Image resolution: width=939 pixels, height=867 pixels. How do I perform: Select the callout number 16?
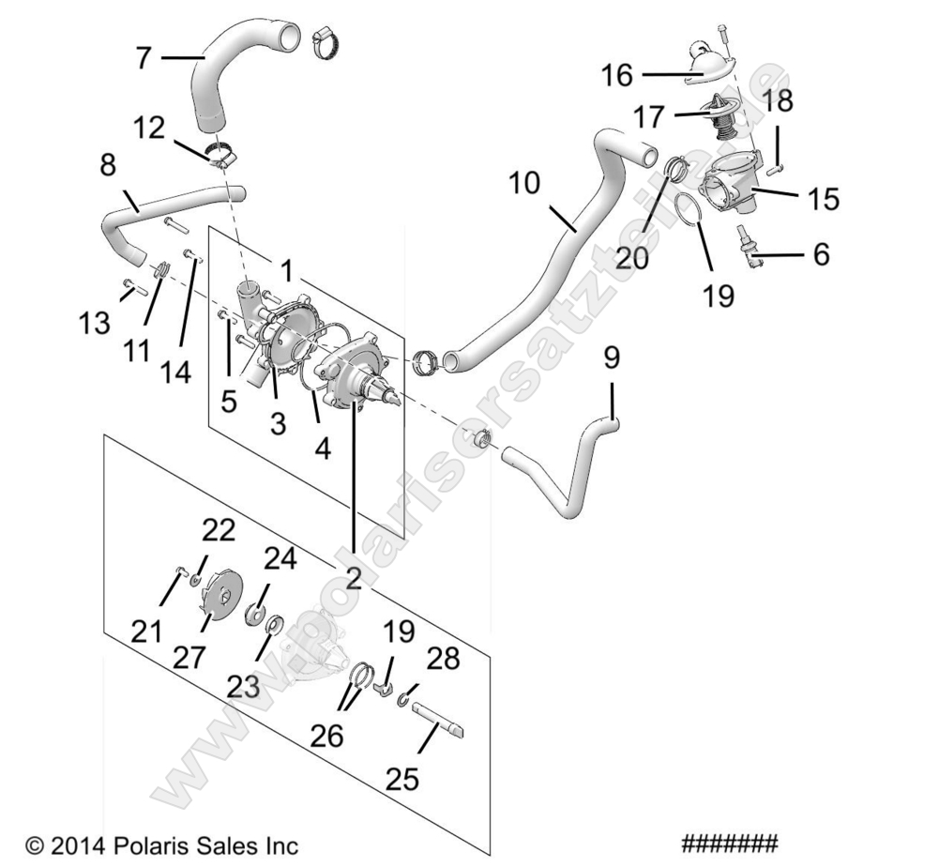coord(618,74)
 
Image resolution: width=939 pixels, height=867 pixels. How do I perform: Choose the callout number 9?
coord(612,357)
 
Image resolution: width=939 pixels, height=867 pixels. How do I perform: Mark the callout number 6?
coord(822,253)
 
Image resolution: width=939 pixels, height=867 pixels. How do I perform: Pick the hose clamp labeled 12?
coord(221,153)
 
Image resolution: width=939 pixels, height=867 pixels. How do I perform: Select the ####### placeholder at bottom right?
coord(730,842)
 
